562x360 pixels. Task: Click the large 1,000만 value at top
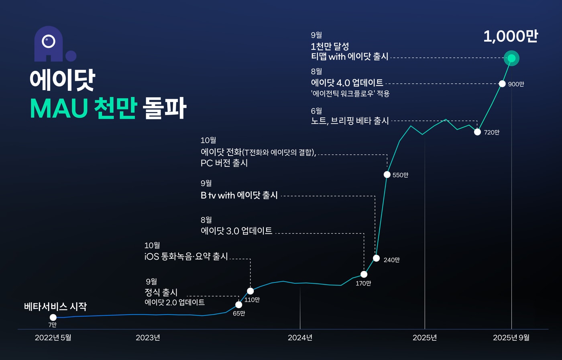tap(510, 37)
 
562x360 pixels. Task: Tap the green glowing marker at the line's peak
tap(511, 58)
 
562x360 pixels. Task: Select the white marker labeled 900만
tap(502, 84)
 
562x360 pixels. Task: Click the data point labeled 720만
tap(477, 132)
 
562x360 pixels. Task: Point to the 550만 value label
tap(400, 175)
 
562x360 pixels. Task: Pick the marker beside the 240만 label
tap(376, 258)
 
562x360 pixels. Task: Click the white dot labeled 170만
tap(364, 274)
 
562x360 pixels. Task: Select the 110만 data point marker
tap(250, 291)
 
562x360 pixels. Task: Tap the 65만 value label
tap(239, 313)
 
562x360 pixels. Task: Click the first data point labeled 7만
tap(53, 317)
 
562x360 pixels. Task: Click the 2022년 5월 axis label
tap(53, 337)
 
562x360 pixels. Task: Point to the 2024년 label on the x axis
tap(300, 337)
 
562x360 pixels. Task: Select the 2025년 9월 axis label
tap(511, 337)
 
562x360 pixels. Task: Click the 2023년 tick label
tap(148, 337)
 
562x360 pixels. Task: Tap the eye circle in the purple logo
tap(49, 41)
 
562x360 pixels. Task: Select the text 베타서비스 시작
tap(55, 307)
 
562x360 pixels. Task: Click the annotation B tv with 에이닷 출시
tap(239, 196)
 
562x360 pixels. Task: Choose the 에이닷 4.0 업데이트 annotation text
tap(347, 83)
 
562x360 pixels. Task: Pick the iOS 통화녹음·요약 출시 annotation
tap(186, 256)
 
